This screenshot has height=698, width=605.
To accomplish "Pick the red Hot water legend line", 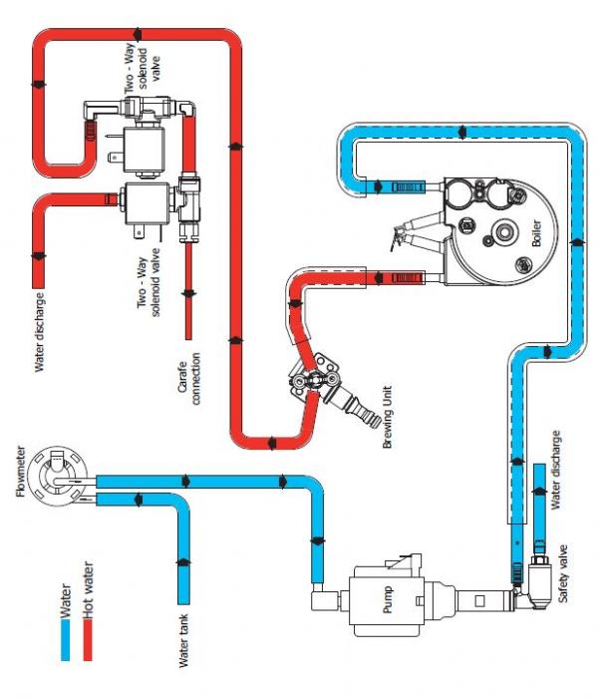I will click(x=89, y=627).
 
